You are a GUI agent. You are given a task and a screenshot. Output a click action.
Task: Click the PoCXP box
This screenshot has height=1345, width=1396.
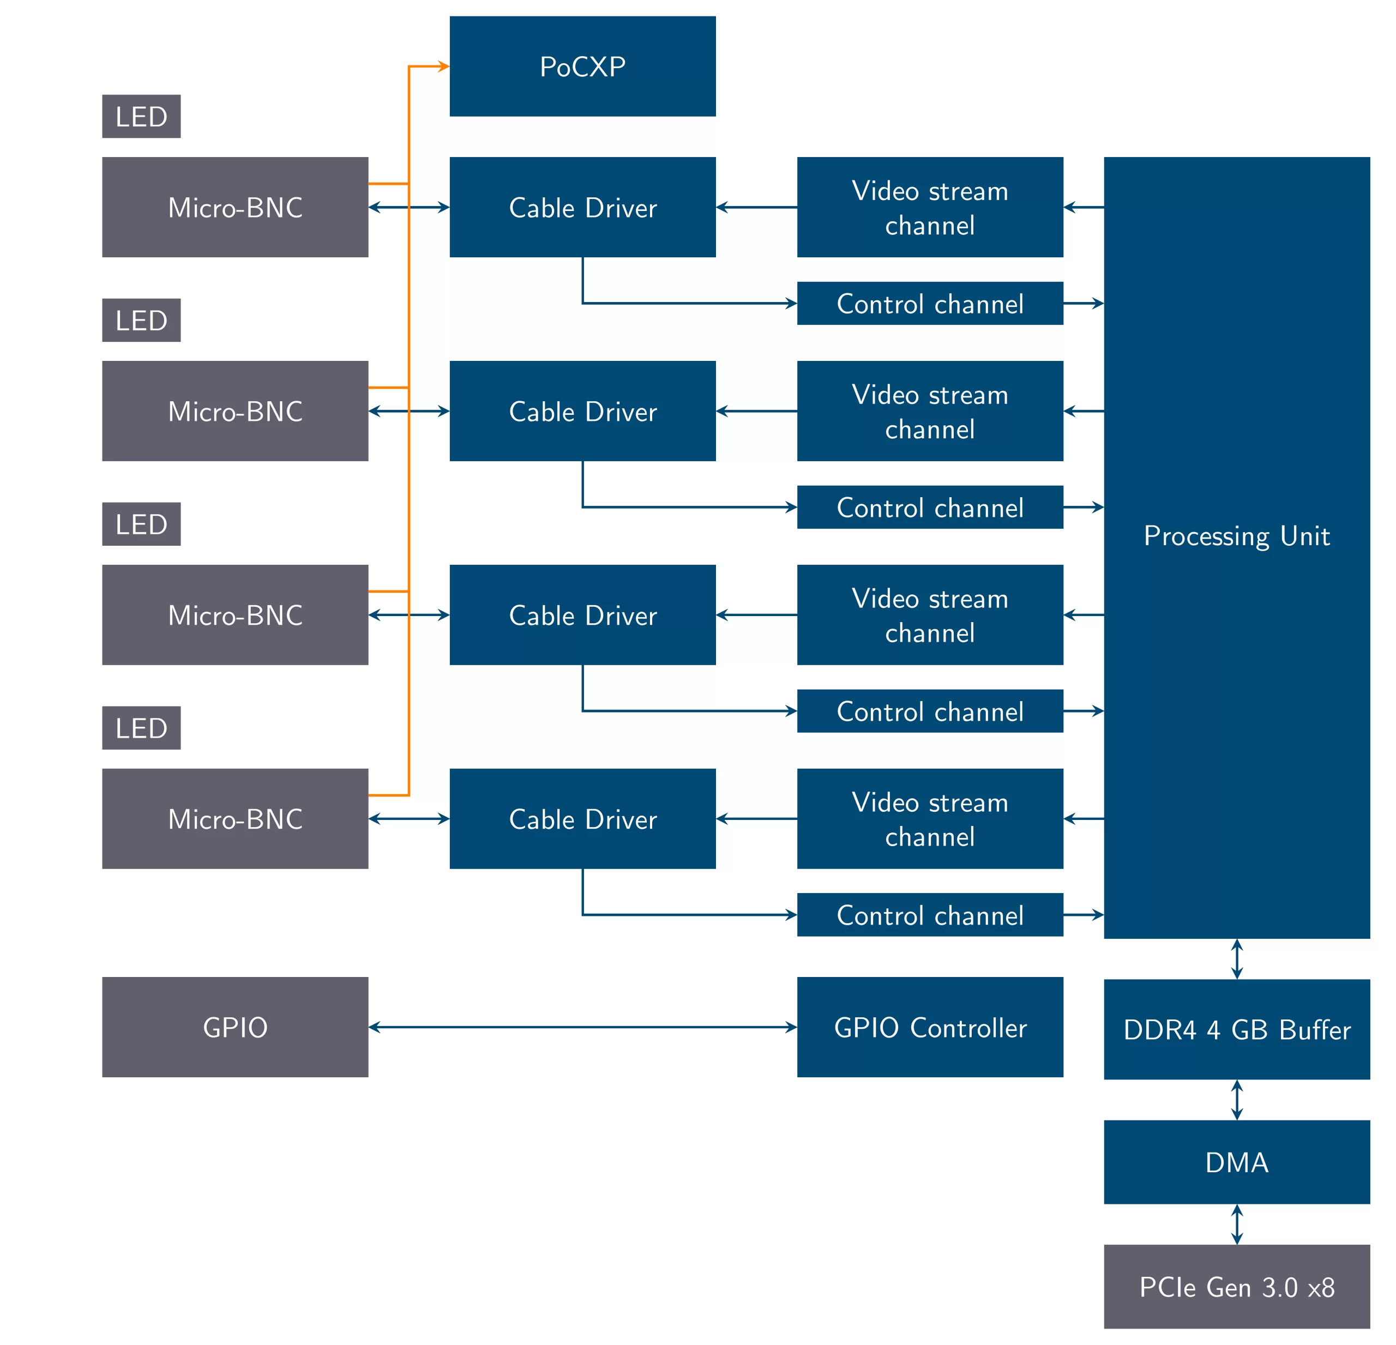point(582,66)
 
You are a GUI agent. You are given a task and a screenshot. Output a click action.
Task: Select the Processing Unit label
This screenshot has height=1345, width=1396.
point(1236,535)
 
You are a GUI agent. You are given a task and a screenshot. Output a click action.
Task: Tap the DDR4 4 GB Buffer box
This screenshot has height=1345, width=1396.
point(1236,1029)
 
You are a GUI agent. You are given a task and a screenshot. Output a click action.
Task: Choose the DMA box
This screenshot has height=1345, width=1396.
point(1236,1162)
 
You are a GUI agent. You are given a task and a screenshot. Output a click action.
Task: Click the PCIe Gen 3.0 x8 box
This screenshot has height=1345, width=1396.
point(1236,1287)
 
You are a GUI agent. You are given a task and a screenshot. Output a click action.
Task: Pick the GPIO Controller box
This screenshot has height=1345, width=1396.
point(929,1027)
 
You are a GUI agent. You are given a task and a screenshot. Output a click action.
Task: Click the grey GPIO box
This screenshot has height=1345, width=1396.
point(235,1027)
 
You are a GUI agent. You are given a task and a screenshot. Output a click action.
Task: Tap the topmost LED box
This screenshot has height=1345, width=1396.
point(141,116)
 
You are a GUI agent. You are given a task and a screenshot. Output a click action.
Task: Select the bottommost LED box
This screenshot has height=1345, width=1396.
point(141,728)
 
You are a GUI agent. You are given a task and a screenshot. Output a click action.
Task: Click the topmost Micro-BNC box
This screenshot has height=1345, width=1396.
point(235,207)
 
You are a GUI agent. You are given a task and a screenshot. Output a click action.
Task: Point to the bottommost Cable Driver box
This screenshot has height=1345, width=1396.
point(582,819)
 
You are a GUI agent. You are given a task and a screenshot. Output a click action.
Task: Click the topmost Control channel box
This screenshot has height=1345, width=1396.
point(929,303)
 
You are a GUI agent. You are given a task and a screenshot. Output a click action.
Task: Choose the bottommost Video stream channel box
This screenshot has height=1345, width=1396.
point(929,819)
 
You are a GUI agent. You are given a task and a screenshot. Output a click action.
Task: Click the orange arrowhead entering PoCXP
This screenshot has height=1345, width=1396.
point(444,66)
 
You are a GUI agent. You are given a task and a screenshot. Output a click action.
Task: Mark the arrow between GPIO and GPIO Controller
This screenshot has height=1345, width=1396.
point(582,1027)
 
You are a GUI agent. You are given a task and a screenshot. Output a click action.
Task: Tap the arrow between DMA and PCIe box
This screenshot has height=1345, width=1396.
point(1236,1224)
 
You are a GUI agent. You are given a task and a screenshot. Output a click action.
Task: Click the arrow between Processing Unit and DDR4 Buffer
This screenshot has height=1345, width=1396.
point(1236,958)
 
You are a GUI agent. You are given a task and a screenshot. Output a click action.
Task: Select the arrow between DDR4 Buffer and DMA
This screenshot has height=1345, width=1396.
point(1236,1099)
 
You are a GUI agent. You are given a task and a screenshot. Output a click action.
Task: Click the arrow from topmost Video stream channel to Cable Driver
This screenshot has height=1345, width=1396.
point(756,207)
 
